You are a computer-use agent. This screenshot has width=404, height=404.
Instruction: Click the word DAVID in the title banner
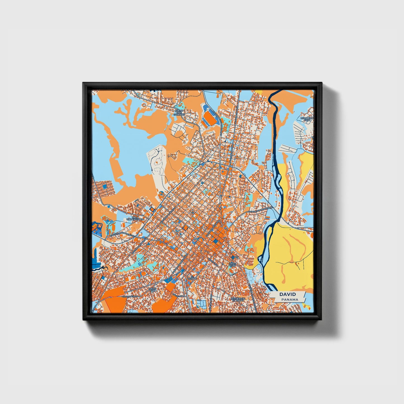287,294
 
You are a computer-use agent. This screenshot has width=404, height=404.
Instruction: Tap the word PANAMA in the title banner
290,299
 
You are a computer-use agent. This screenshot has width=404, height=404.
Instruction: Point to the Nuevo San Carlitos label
179,112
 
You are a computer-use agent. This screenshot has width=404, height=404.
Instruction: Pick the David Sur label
153,290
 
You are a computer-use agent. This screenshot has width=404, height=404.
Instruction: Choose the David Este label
232,264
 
